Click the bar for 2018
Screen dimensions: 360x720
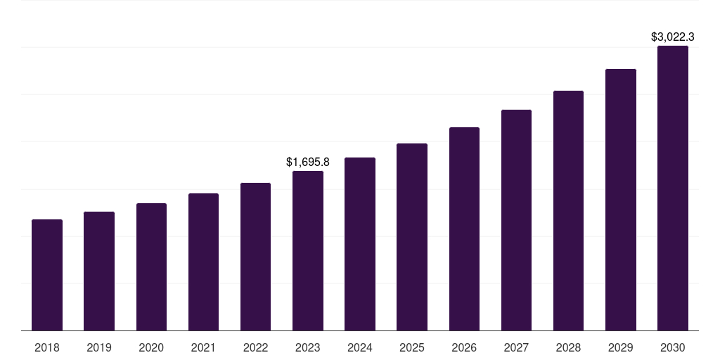click(x=47, y=275)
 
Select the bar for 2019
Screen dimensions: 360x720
click(x=99, y=271)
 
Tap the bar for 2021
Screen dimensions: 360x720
click(x=203, y=262)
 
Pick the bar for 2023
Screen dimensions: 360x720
click(x=308, y=250)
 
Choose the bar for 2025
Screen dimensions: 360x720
click(x=412, y=237)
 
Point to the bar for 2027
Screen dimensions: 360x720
click(x=516, y=220)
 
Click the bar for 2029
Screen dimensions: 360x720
click(x=621, y=200)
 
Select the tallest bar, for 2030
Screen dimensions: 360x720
click(x=673, y=188)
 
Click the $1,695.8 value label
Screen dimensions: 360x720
click(x=308, y=162)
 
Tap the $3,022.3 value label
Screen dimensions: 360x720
click(x=673, y=37)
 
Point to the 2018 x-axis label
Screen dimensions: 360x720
click(x=47, y=347)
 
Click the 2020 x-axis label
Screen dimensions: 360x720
click(x=151, y=347)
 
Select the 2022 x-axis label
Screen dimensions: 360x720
click(x=256, y=347)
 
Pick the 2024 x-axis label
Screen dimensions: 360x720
click(x=360, y=347)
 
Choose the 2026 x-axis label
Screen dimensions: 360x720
click(x=464, y=347)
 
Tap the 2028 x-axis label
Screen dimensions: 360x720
click(x=568, y=347)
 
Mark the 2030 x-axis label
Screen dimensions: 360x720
click(x=673, y=347)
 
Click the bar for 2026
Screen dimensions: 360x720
click(x=464, y=229)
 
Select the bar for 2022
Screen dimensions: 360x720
click(x=256, y=257)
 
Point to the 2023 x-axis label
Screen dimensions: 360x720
click(x=308, y=347)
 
